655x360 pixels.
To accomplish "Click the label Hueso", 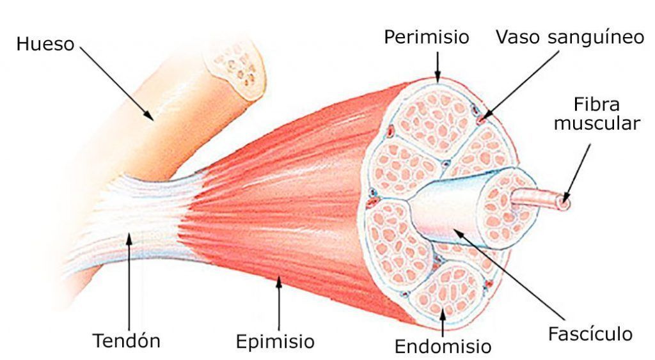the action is pyautogui.click(x=45, y=44).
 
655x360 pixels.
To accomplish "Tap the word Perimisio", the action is pyautogui.click(x=427, y=37).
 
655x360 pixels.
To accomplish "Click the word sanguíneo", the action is pyautogui.click(x=596, y=38).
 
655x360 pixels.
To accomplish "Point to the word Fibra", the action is pyautogui.click(x=596, y=104).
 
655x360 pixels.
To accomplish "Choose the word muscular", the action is pyautogui.click(x=597, y=123).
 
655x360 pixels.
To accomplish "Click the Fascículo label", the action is pyautogui.click(x=590, y=334).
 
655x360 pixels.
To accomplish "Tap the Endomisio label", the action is pyautogui.click(x=443, y=346).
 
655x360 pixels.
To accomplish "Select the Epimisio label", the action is pyautogui.click(x=275, y=341).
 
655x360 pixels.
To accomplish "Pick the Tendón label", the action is pyautogui.click(x=126, y=341).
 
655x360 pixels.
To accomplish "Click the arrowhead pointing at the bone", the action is pyautogui.click(x=148, y=115).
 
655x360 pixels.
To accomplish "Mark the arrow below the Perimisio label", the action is pyautogui.click(x=438, y=67).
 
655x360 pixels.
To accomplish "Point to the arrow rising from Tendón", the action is pyautogui.click(x=129, y=281).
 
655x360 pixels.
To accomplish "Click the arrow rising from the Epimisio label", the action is pyautogui.click(x=279, y=303).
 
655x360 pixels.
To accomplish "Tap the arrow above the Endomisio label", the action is pyautogui.click(x=443, y=322).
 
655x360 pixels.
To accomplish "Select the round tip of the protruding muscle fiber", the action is pyautogui.click(x=565, y=203).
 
